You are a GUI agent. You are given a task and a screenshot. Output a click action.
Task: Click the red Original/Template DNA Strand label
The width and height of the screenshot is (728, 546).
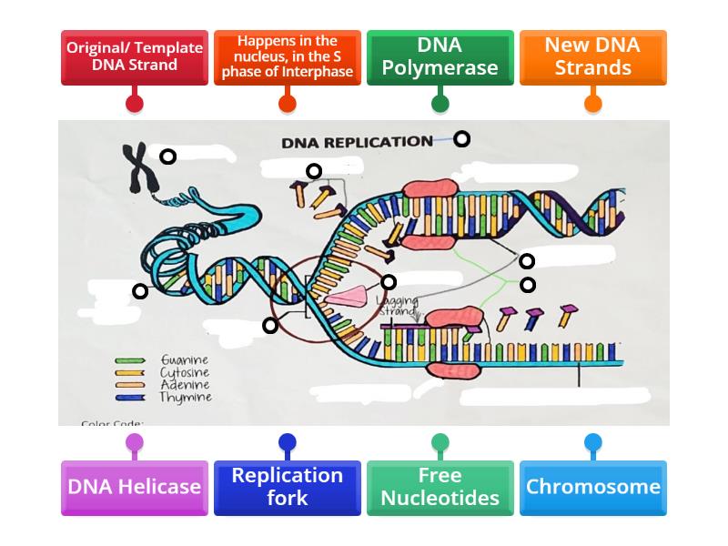[x=135, y=56]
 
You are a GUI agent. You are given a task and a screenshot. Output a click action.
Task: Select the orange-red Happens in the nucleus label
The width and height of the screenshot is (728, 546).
[x=288, y=56]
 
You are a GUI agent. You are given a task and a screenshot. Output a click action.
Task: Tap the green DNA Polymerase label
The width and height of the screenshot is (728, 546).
[x=440, y=56]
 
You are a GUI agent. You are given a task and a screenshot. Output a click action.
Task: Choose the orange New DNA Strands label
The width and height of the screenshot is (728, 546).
[x=593, y=56]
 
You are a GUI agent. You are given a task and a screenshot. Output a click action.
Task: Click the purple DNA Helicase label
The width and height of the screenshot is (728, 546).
[x=135, y=487]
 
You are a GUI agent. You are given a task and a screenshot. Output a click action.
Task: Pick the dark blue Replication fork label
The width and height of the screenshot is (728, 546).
[x=288, y=487]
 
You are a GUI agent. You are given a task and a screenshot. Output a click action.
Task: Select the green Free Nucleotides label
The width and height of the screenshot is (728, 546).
[x=440, y=487]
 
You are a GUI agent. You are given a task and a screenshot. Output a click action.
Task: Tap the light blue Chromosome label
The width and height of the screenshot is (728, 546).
[x=593, y=487]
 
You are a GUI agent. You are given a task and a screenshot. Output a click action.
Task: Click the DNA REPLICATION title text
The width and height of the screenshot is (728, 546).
[x=357, y=142]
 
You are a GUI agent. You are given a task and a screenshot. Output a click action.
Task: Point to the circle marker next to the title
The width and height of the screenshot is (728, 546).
[x=462, y=138]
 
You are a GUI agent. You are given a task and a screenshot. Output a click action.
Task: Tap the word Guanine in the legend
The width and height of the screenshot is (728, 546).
[x=185, y=360]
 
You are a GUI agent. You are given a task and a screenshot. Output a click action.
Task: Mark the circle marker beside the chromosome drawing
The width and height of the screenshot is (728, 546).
[x=167, y=157]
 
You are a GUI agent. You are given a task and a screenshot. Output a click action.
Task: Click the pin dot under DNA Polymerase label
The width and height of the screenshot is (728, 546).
[x=440, y=103]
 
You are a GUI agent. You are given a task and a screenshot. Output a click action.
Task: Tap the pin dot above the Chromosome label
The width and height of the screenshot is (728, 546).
[x=593, y=443]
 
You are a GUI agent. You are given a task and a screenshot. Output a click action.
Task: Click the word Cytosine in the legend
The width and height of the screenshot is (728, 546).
[x=185, y=373]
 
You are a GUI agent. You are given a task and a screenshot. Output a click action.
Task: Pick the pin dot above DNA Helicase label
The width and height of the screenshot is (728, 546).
[x=135, y=443]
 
